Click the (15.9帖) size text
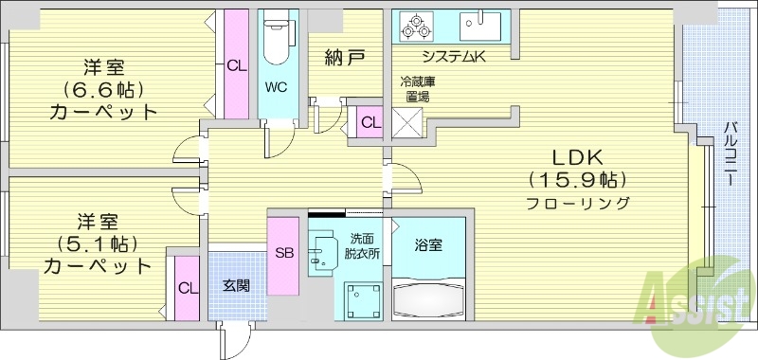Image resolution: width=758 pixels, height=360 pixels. pos(580,180)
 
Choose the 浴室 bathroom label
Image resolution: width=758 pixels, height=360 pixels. pos(428,244)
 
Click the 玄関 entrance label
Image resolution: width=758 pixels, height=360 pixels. pos(236,283)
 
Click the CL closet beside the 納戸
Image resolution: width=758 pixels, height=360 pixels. pos(369,122)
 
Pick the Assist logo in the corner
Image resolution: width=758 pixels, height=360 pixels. pos(700,302)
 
